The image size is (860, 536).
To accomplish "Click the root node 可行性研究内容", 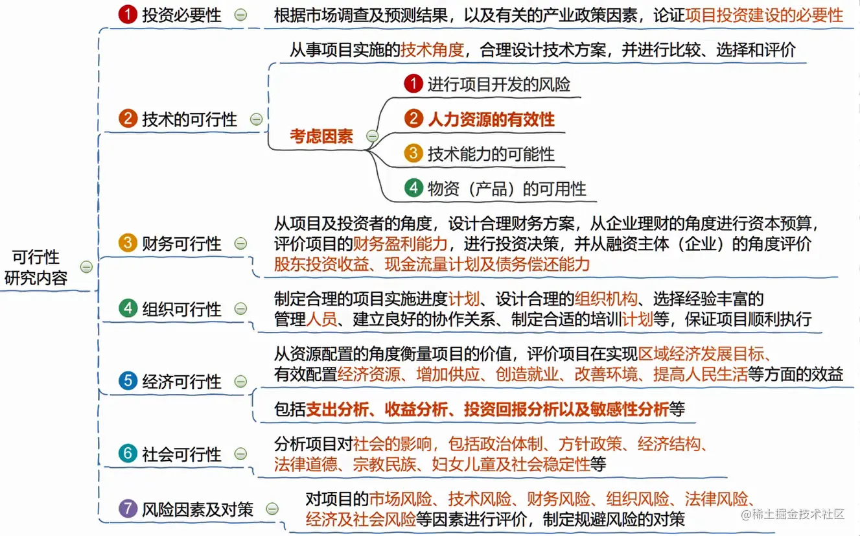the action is (36, 267).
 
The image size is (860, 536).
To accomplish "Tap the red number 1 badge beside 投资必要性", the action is (128, 14).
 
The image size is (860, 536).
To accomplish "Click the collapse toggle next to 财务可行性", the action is (240, 244).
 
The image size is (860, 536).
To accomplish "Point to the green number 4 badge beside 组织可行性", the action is (128, 309).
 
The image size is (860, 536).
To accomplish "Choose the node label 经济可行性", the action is (182, 381).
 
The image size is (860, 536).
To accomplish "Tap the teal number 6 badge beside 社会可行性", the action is (128, 454).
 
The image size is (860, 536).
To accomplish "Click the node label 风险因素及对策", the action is (198, 509).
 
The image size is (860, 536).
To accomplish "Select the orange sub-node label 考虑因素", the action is (321, 136).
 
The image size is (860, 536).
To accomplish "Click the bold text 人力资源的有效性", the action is (491, 119).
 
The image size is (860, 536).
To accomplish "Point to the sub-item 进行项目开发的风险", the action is (498, 84).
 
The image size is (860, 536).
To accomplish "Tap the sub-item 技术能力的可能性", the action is (491, 154).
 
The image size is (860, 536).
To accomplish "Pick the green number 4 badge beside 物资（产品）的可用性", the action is (413, 188).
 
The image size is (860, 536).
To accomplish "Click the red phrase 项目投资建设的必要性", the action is (764, 15).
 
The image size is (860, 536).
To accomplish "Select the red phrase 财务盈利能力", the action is (400, 244).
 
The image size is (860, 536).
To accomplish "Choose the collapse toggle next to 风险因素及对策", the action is (272, 509).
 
